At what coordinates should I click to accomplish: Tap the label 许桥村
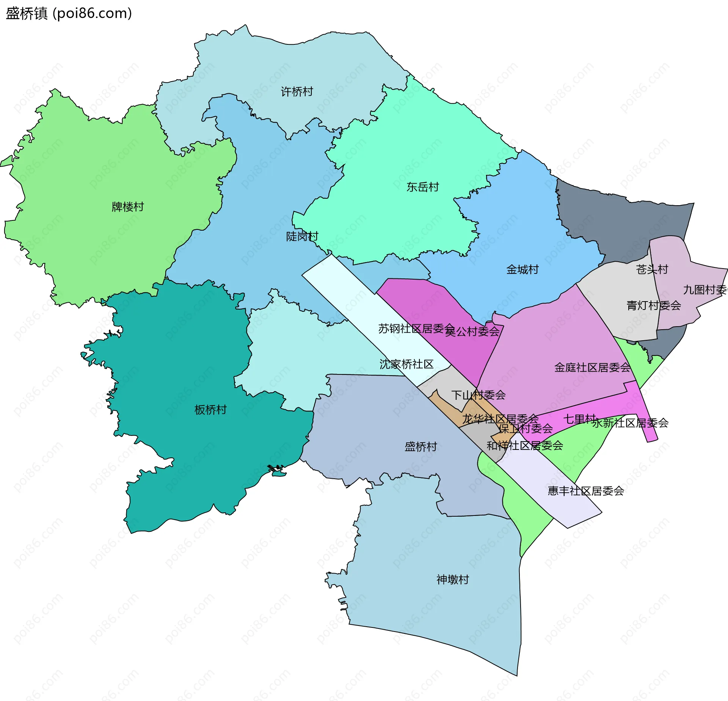[297, 92]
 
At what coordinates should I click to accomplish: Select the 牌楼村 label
[128, 207]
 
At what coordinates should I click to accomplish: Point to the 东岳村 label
[422, 187]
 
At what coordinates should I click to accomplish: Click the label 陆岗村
[302, 237]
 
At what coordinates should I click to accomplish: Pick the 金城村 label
[522, 270]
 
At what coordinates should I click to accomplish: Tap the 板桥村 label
[210, 410]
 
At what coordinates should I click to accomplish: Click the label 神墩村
[453, 580]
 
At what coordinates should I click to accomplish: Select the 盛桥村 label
[421, 446]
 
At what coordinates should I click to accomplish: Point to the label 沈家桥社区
[406, 364]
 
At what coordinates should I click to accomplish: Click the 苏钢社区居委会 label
[416, 328]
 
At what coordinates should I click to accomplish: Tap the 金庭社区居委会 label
[592, 367]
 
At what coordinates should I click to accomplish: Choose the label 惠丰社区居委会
[586, 491]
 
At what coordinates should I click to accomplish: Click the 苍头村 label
[652, 270]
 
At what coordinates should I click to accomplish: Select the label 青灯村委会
[654, 305]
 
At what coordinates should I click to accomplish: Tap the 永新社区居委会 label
[630, 423]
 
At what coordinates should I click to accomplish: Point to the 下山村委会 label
[479, 395]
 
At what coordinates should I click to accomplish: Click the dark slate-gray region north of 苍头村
[622, 220]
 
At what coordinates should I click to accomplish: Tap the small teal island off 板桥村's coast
[280, 474]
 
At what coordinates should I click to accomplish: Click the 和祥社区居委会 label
[525, 446]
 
